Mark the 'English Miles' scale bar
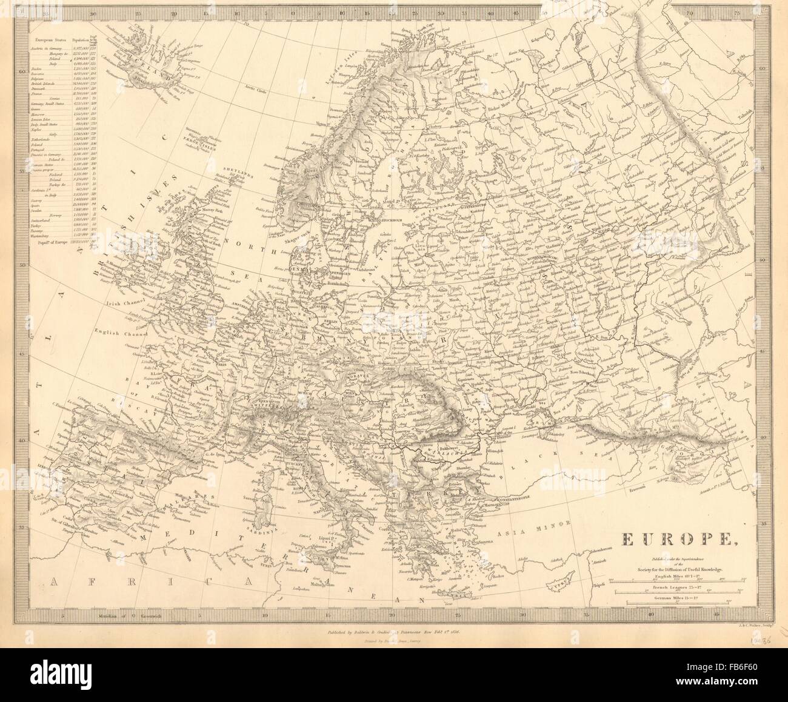point(679,582)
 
